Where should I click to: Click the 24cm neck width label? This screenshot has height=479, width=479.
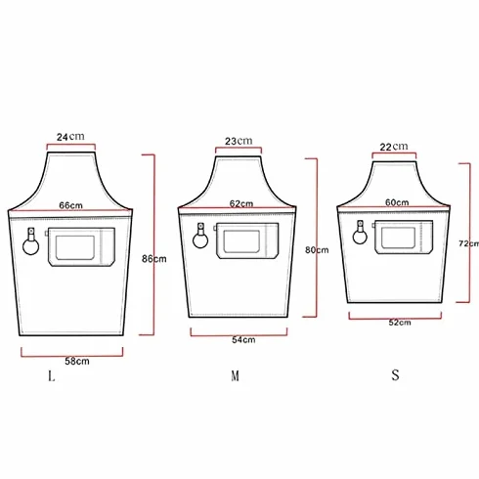pyautogui.click(x=70, y=137)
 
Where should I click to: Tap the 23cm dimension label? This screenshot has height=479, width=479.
pyautogui.click(x=239, y=141)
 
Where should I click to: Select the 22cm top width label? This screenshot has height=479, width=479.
pyautogui.click(x=394, y=147)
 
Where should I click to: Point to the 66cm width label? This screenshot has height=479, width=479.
pyautogui.click(x=70, y=205)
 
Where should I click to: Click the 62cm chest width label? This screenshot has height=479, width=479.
pyautogui.click(x=241, y=203)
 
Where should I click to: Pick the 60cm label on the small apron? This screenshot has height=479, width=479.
pyautogui.click(x=397, y=202)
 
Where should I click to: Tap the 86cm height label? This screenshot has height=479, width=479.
pyautogui.click(x=154, y=259)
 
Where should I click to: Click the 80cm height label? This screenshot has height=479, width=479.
pyautogui.click(x=317, y=250)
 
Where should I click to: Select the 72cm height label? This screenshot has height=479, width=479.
pyautogui.click(x=468, y=243)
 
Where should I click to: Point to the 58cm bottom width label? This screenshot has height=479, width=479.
pyautogui.click(x=77, y=361)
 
